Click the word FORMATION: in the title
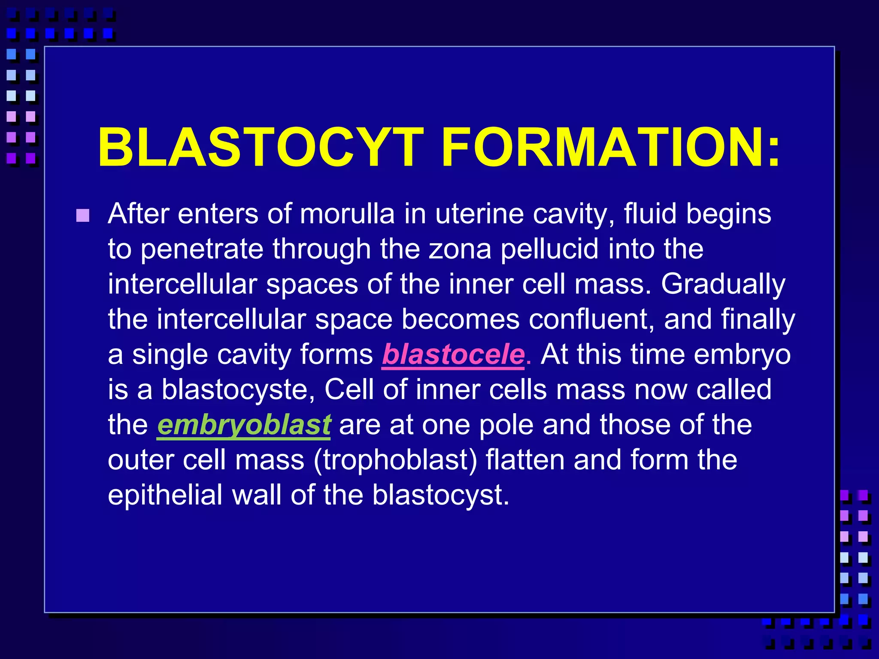tap(611, 147)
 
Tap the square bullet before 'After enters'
tap(83, 215)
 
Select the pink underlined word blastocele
tap(453, 355)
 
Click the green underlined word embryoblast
tap(244, 425)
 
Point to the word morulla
tap(347, 214)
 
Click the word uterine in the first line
tap(479, 214)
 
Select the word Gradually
tap(723, 284)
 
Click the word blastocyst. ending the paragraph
tap(440, 495)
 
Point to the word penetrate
tap(202, 249)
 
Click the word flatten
tap(525, 460)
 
